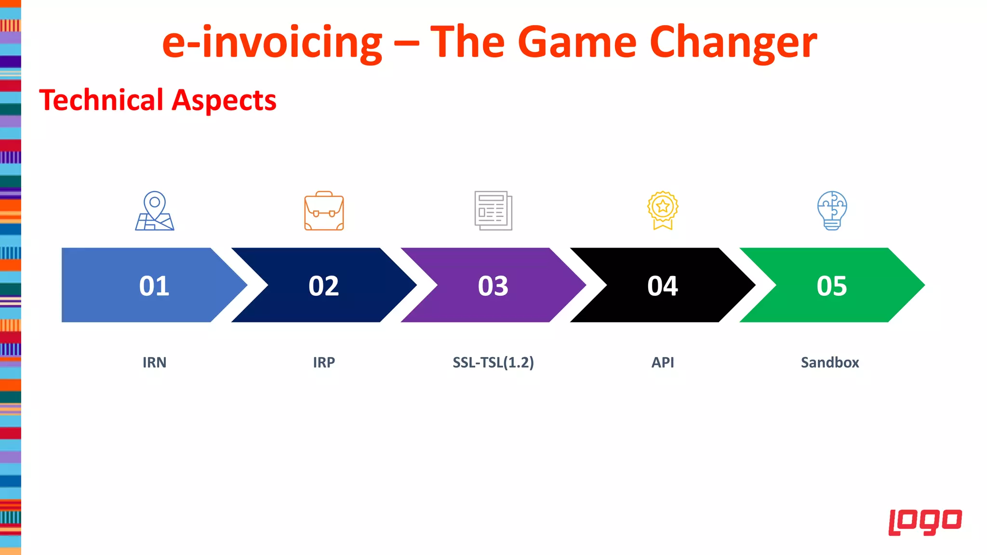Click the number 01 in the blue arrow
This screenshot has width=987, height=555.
(x=154, y=286)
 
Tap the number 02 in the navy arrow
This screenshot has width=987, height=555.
(x=324, y=286)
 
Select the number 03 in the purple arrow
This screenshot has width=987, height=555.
(x=493, y=286)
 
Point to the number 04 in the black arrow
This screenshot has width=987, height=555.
(x=663, y=286)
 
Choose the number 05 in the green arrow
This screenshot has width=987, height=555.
(x=832, y=286)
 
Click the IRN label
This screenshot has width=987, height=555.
(x=154, y=362)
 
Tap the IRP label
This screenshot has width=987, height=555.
(x=324, y=362)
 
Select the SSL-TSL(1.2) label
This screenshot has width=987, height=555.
(x=493, y=362)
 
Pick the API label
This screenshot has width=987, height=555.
(x=663, y=362)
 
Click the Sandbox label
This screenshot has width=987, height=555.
(x=830, y=362)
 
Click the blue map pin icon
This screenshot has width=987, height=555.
(x=155, y=211)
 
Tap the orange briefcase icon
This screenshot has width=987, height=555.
(x=324, y=211)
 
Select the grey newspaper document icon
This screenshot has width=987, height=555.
(x=493, y=211)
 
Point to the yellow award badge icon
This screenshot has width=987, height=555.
(x=663, y=210)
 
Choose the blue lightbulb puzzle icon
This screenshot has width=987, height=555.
(x=832, y=211)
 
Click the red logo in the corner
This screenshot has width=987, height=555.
(x=925, y=522)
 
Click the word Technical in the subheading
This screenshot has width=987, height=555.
(x=102, y=100)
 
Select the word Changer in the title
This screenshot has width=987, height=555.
(x=733, y=42)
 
